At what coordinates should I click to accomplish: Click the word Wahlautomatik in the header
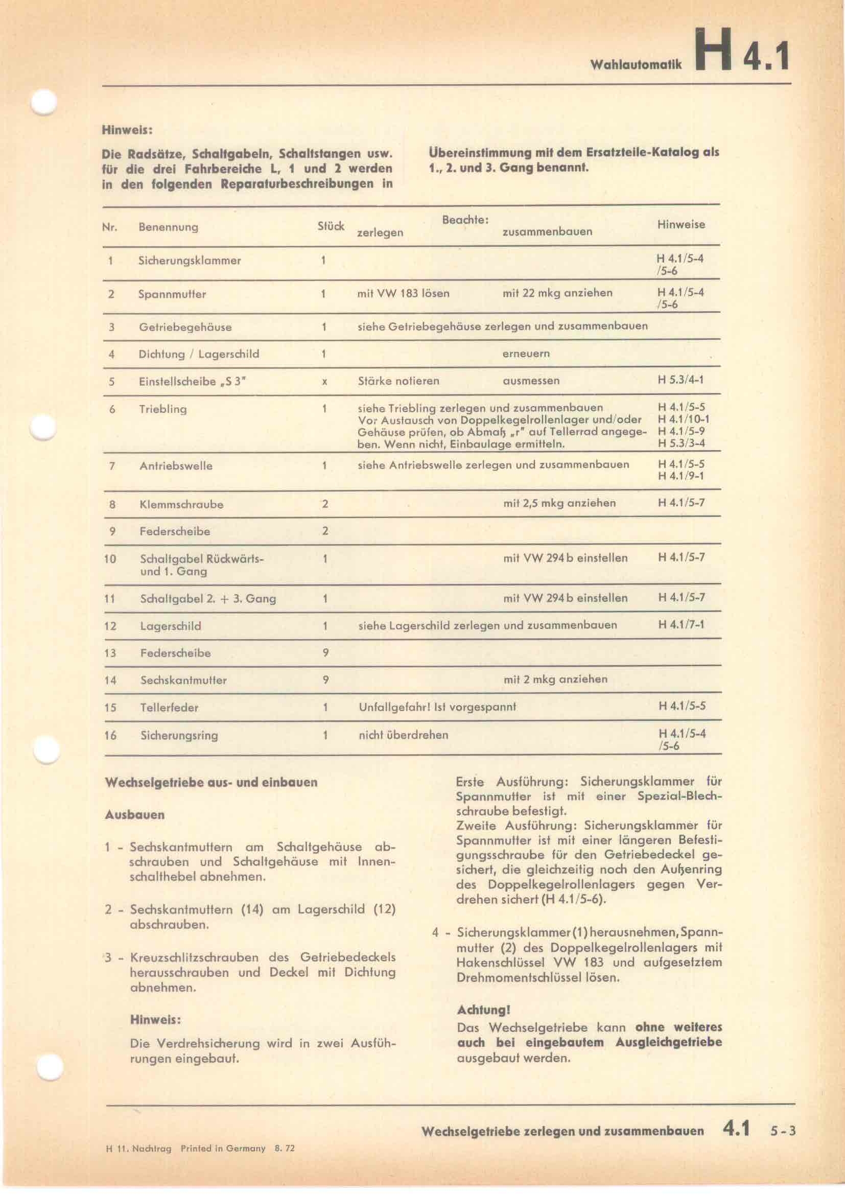pos(636,64)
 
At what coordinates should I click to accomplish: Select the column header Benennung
pos(168,227)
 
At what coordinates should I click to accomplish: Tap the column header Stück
pos(331,226)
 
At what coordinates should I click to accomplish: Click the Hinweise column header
pos(681,224)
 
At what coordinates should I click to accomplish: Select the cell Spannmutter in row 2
pos(172,294)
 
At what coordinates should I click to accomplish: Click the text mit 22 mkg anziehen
pos(557,293)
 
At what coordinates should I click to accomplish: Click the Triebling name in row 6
pos(163,409)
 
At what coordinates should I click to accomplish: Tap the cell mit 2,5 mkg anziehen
pos(559,503)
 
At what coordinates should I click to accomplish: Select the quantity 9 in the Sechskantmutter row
pos(325,679)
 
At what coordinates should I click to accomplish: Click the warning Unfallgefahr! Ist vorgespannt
pos(437,707)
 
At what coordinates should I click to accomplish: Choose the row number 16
pos(110,735)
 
